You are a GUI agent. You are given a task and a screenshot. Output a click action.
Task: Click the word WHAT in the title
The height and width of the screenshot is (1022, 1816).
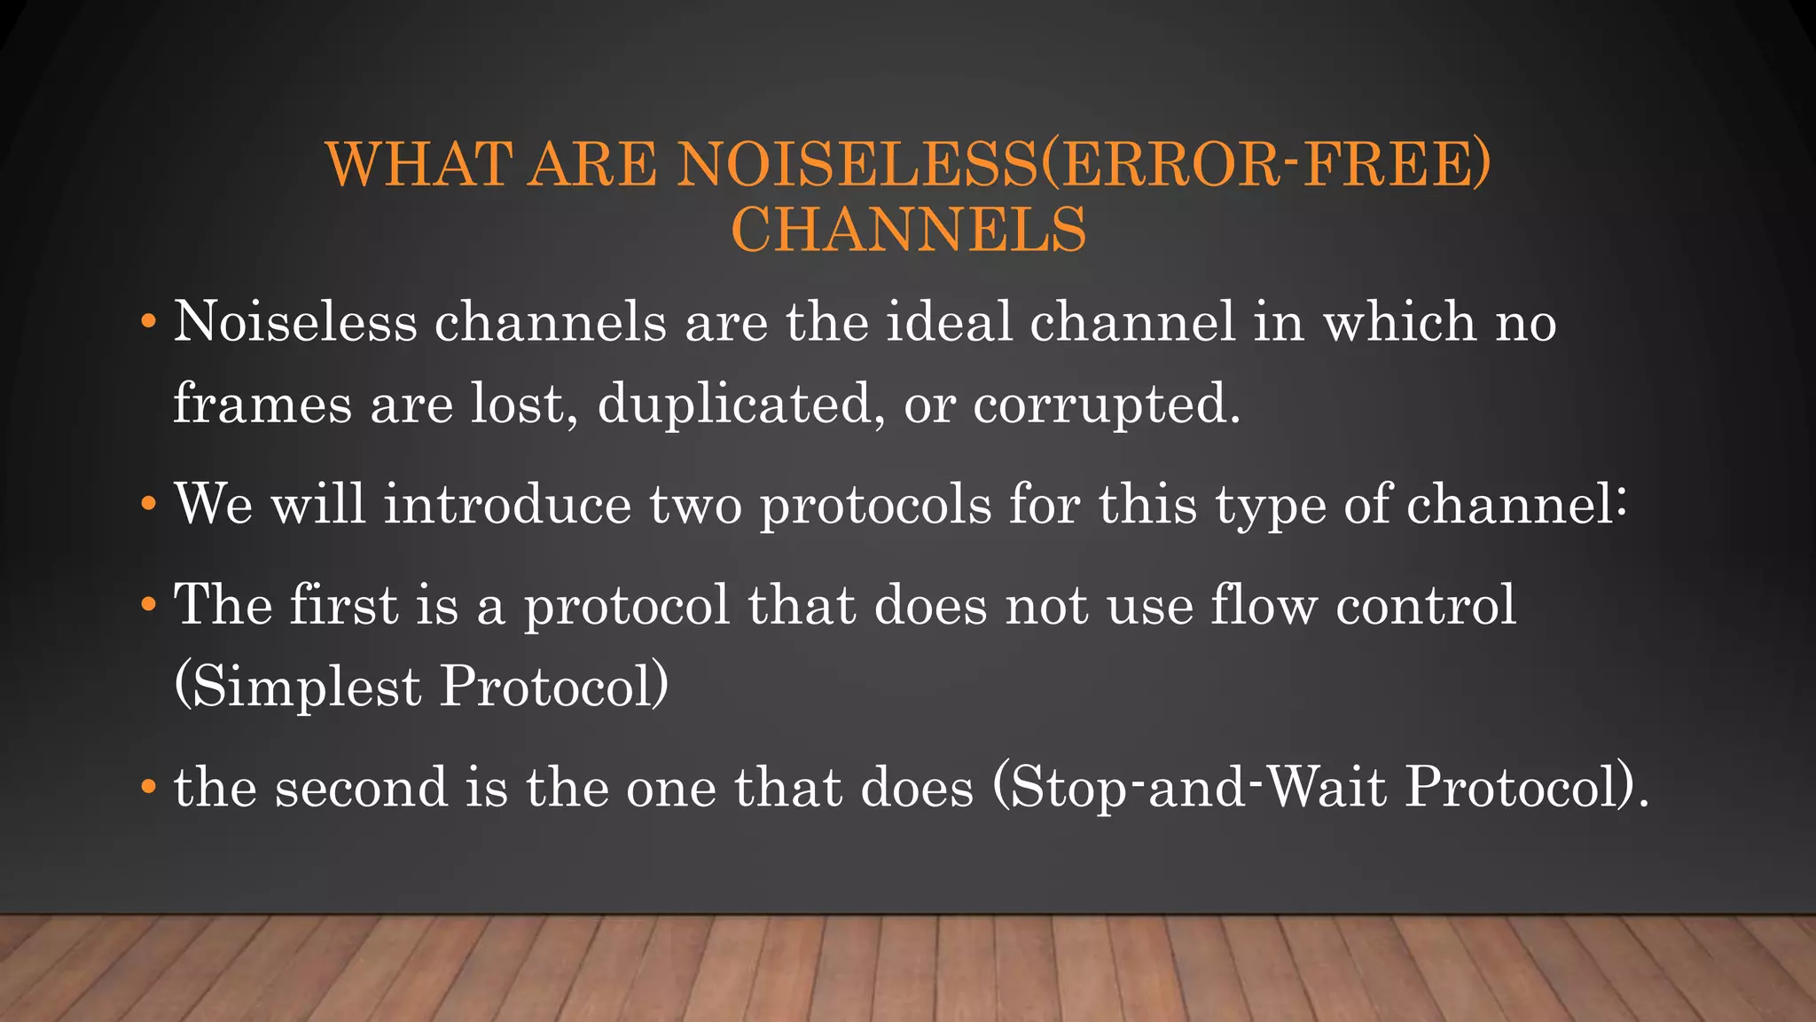point(419,165)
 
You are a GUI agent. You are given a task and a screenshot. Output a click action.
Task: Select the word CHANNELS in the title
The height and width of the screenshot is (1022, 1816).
point(908,230)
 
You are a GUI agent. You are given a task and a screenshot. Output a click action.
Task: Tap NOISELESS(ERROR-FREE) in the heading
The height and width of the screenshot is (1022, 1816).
point(1084,165)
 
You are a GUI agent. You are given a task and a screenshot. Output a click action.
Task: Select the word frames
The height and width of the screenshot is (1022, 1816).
point(262,405)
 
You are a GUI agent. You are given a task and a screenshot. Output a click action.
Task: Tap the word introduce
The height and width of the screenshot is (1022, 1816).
point(507,504)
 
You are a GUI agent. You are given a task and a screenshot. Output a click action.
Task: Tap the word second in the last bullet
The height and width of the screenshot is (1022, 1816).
point(361,788)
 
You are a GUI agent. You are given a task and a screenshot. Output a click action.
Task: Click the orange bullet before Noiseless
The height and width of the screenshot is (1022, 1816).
point(148,320)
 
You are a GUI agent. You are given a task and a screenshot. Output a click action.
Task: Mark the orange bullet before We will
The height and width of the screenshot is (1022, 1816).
point(148,504)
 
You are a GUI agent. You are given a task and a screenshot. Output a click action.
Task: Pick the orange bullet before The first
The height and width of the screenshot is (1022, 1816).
point(148,605)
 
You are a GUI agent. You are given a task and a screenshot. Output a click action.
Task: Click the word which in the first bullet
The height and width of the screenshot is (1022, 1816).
point(1399,321)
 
